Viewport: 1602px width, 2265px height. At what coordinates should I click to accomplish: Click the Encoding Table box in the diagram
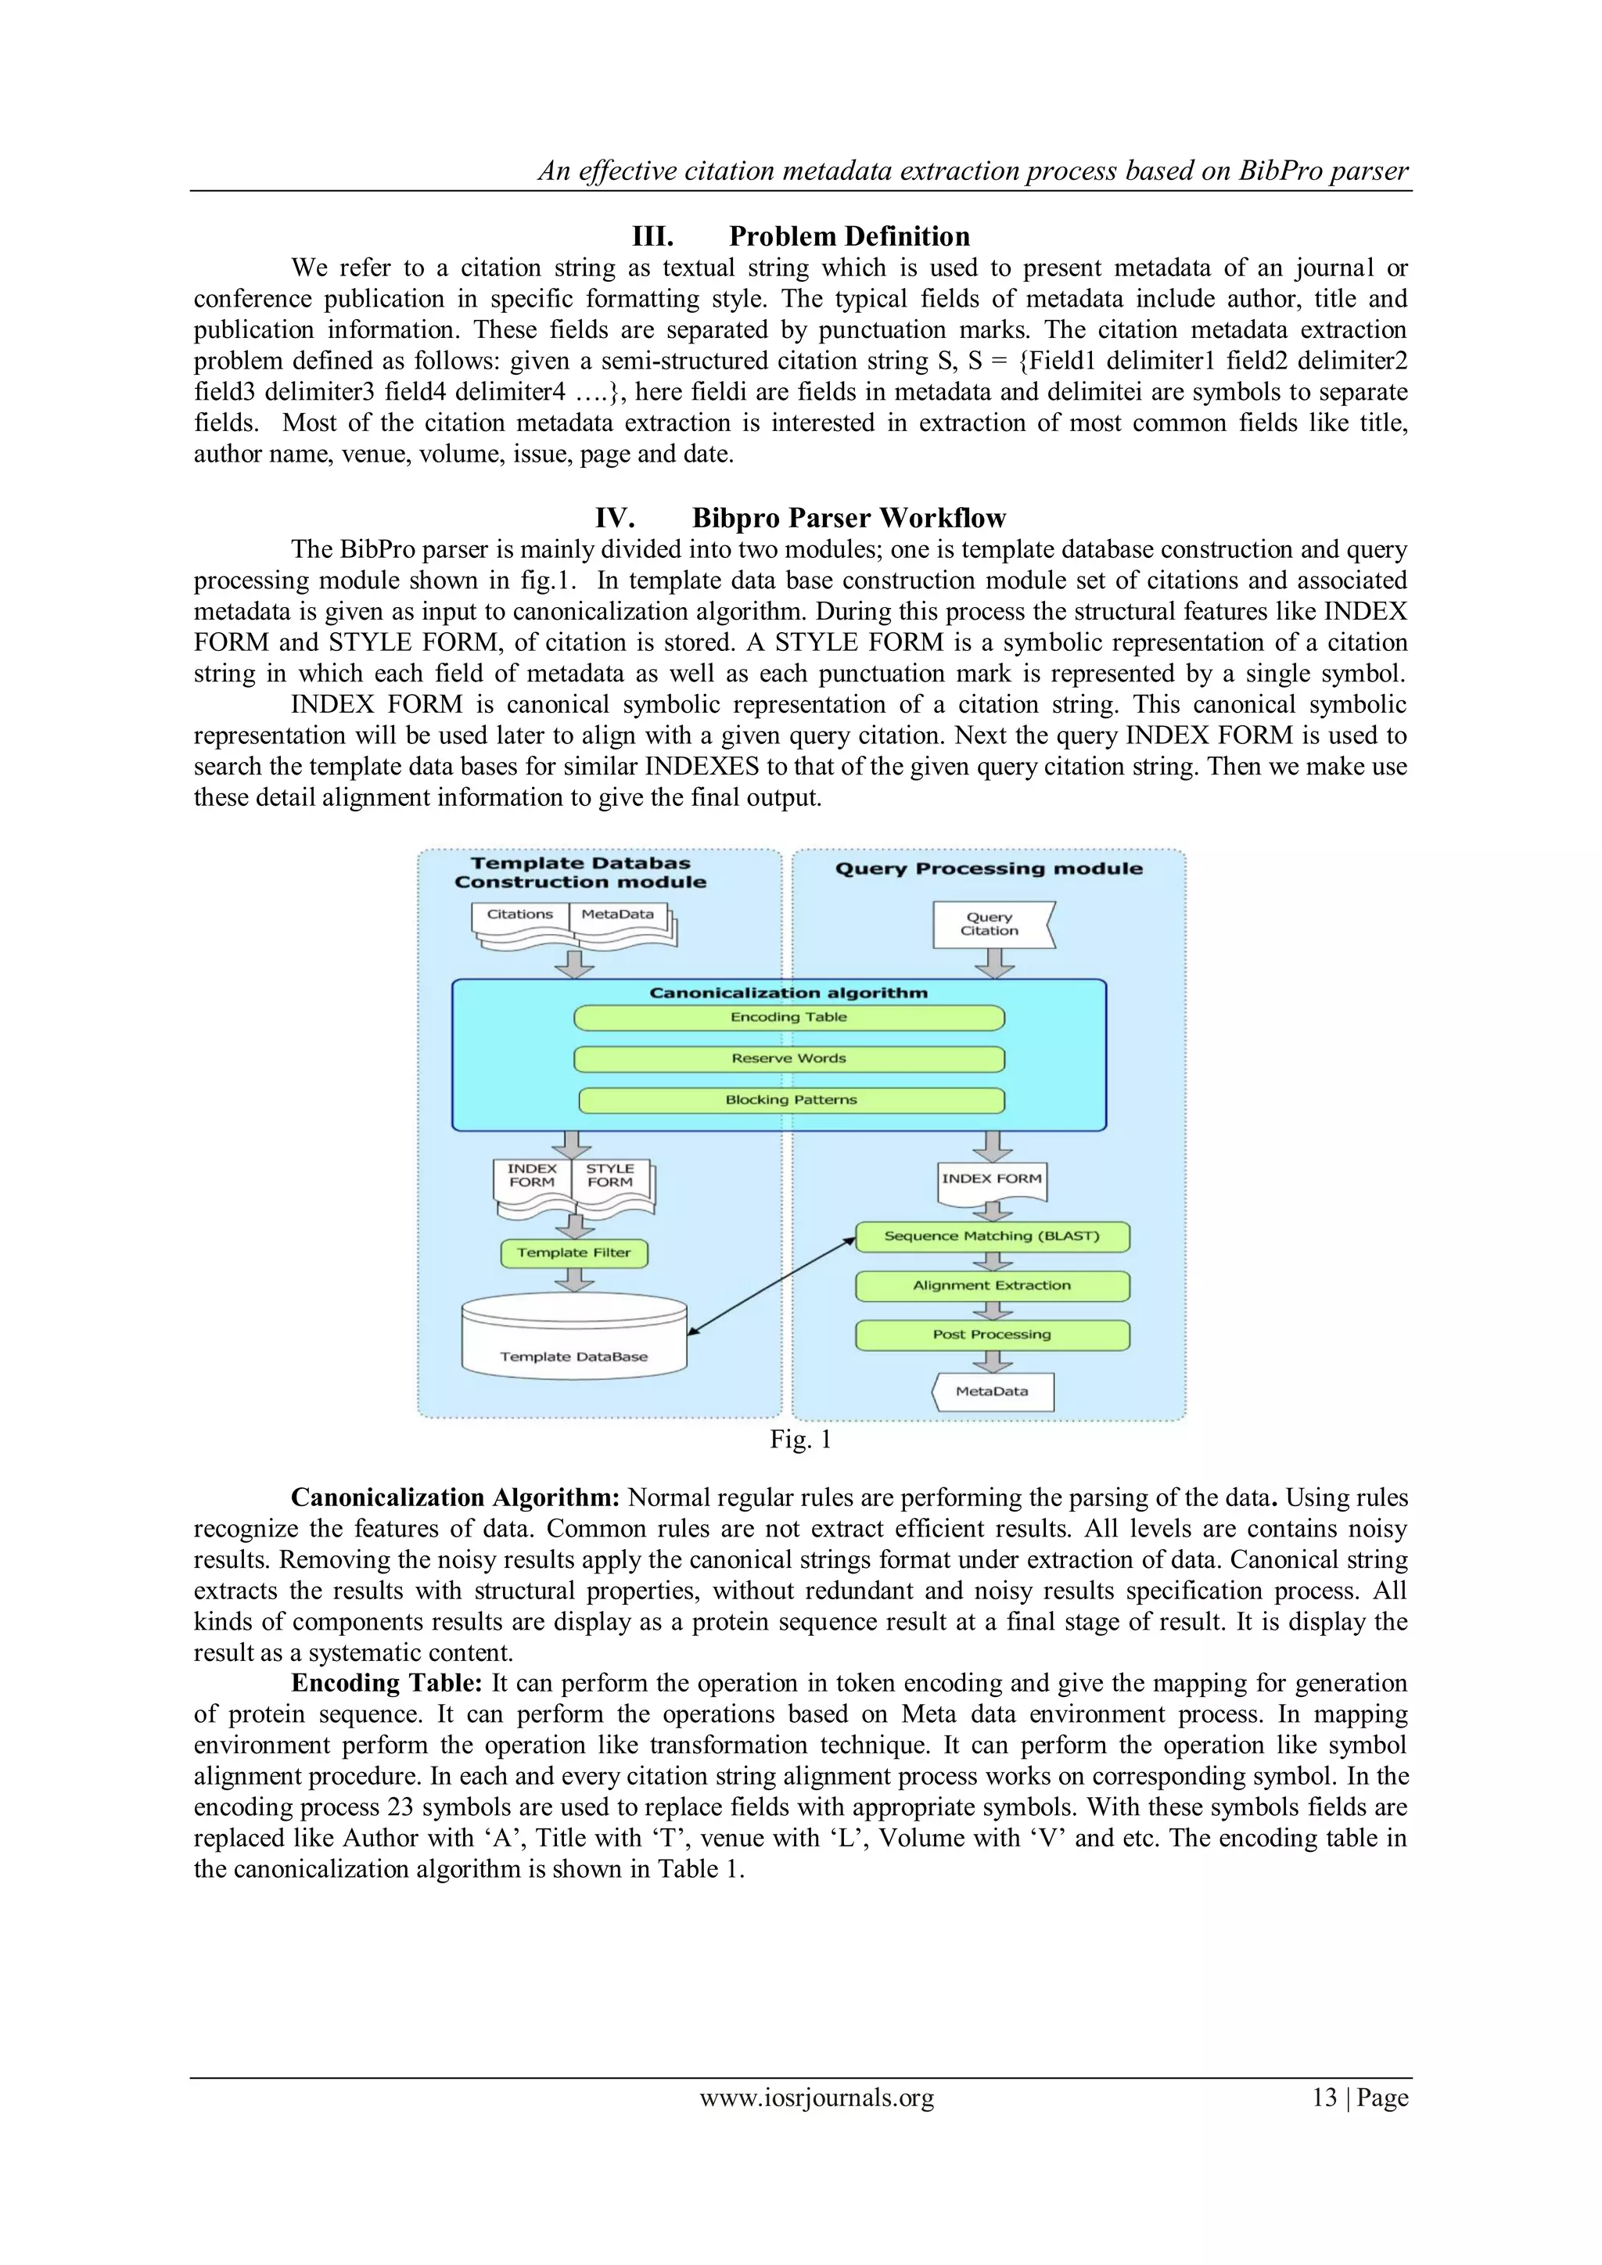788,1017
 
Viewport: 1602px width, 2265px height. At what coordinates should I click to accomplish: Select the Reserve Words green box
788,1059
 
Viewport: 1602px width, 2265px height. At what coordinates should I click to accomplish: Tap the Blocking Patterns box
791,1100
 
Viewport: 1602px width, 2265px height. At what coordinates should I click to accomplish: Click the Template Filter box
574,1253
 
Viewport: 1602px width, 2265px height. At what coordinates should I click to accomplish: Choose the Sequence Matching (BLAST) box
991,1236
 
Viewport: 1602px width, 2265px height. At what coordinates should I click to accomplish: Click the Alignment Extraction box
991,1285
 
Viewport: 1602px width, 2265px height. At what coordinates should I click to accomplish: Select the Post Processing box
991,1335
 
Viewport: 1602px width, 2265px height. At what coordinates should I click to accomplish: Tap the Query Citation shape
990,924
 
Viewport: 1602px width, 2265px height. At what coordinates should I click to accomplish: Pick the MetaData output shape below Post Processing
993,1392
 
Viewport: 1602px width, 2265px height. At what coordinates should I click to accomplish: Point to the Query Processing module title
989,869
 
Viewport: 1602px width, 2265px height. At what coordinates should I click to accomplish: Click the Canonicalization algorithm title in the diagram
788,994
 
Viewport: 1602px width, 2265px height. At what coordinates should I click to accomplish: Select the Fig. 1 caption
800,1440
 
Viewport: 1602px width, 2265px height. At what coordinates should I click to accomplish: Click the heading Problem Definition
849,237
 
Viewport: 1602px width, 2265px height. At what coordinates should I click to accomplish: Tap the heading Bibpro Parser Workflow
849,518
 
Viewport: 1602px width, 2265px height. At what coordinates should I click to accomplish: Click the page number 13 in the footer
1324,2098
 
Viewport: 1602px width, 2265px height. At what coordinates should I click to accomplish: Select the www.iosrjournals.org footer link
817,2098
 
